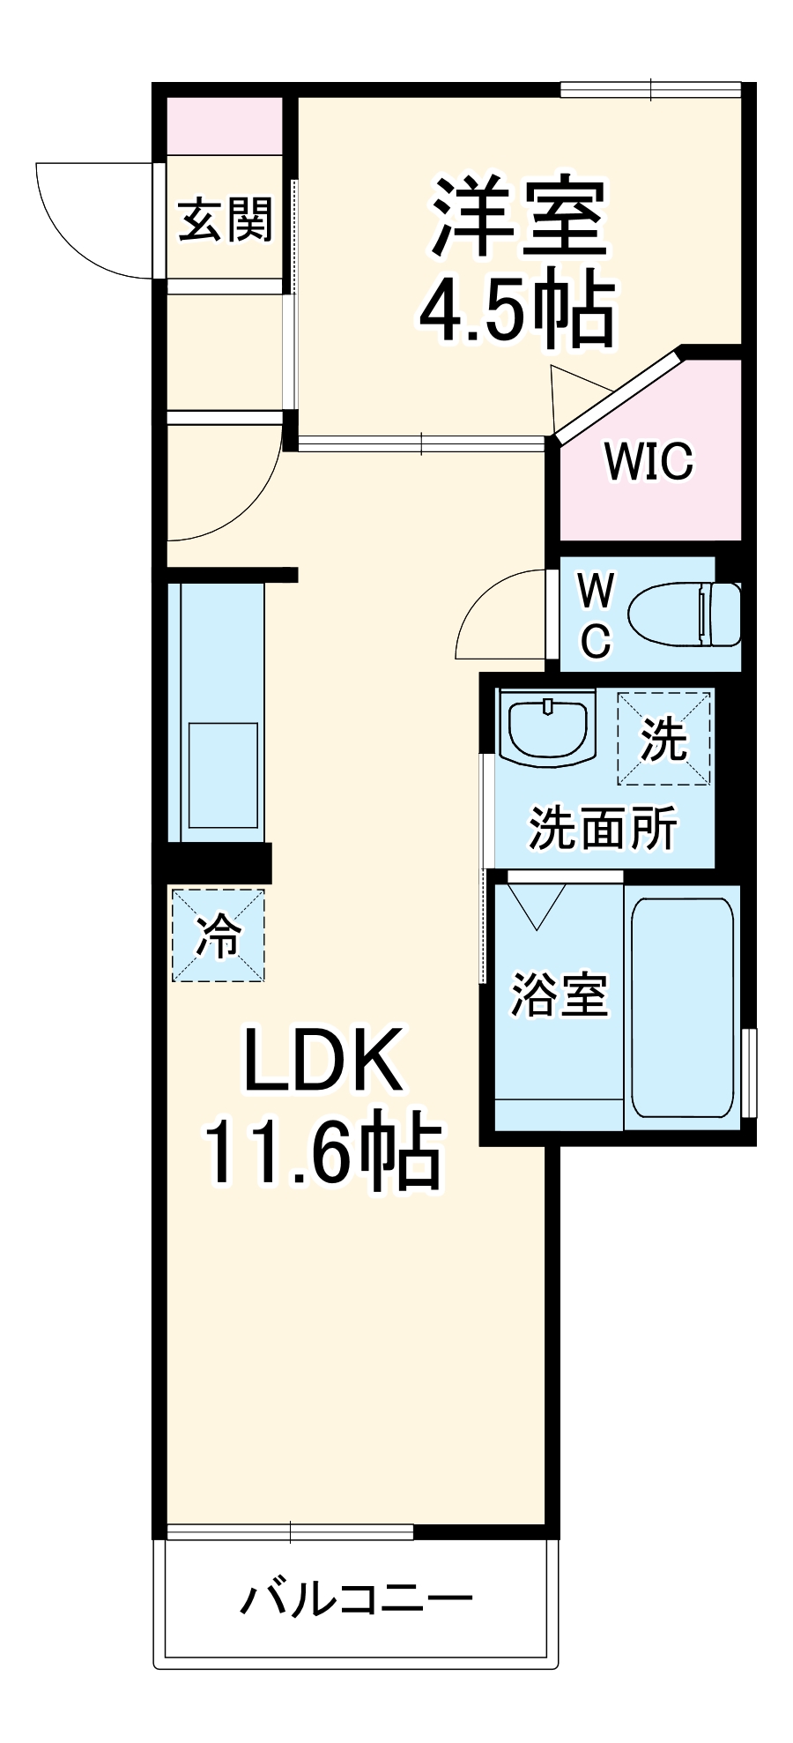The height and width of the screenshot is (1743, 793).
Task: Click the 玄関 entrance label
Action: (x=226, y=220)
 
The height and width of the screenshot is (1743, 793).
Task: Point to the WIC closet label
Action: (x=648, y=461)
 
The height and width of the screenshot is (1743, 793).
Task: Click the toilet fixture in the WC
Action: (x=683, y=615)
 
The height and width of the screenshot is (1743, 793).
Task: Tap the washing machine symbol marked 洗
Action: (x=663, y=739)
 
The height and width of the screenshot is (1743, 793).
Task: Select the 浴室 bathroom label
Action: (x=560, y=995)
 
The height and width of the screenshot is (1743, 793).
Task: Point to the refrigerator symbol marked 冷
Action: (x=218, y=935)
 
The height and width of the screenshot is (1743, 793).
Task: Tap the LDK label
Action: (x=322, y=1060)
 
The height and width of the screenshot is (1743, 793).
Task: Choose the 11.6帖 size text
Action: (x=322, y=1151)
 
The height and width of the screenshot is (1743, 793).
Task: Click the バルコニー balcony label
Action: (x=357, y=1598)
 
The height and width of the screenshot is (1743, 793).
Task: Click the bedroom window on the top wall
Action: (x=650, y=90)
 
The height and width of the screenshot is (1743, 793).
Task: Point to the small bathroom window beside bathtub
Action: (x=749, y=1072)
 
